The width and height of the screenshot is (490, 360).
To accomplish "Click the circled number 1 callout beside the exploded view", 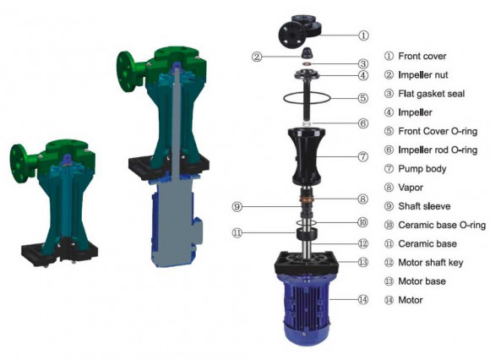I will coord(364,35).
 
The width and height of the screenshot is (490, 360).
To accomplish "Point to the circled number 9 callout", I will coord(238,206).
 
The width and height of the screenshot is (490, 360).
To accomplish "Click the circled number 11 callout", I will coord(238,232).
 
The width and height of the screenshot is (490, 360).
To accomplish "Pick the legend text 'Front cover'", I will coord(422,56).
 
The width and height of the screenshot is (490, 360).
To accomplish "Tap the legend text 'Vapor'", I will coord(411,188).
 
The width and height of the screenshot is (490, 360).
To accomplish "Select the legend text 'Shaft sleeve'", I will coord(424,206).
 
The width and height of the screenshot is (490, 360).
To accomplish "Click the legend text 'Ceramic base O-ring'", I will coord(440,225).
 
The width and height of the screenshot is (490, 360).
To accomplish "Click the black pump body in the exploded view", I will coord(313,156).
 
